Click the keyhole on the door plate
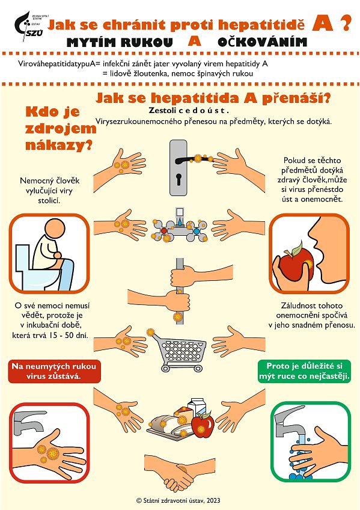point(178,179)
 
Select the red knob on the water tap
point(164,230)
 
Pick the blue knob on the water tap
point(197,232)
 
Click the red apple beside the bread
point(203,425)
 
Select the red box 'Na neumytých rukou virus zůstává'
point(54,371)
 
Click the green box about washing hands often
point(304,371)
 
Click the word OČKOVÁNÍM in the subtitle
point(262,42)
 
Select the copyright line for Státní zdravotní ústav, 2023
point(178,500)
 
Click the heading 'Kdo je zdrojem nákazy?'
point(60,129)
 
